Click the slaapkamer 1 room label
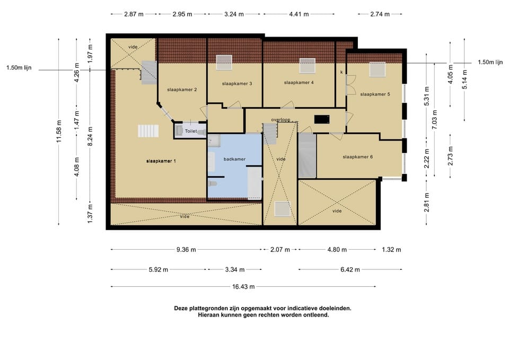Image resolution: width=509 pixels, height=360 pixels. coord(161,161)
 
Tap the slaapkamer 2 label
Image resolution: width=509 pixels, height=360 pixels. coord(182,90)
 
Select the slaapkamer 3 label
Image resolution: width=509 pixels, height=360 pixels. coord(237,84)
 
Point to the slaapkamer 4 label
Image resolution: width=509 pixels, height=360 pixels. coord(299,83)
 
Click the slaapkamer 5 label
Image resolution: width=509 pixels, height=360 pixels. coord(375,94)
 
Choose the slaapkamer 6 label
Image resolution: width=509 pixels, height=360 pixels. coord(357,157)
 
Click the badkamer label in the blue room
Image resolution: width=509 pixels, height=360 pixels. coord(234,159)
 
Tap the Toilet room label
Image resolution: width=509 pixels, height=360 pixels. coord(191,131)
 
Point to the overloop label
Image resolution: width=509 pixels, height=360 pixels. coord(281,120)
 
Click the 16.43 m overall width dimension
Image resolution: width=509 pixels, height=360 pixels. coord(243,287)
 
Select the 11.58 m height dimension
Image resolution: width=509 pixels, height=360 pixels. coord(59,131)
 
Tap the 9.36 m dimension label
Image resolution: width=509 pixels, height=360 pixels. coord(186,250)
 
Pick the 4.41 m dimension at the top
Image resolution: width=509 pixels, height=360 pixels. coord(299,14)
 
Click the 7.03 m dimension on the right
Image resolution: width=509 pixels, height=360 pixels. coord(435,120)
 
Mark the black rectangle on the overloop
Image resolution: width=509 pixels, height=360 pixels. coord(322,119)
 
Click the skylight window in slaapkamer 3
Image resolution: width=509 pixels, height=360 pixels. coord(224,63)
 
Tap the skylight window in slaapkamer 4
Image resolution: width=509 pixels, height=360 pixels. coord(308,66)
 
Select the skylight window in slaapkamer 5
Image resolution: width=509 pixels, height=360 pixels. coord(378,69)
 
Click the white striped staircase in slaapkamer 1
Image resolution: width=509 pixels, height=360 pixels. coord(148,131)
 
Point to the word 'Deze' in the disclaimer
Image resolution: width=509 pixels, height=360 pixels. coord(181,309)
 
